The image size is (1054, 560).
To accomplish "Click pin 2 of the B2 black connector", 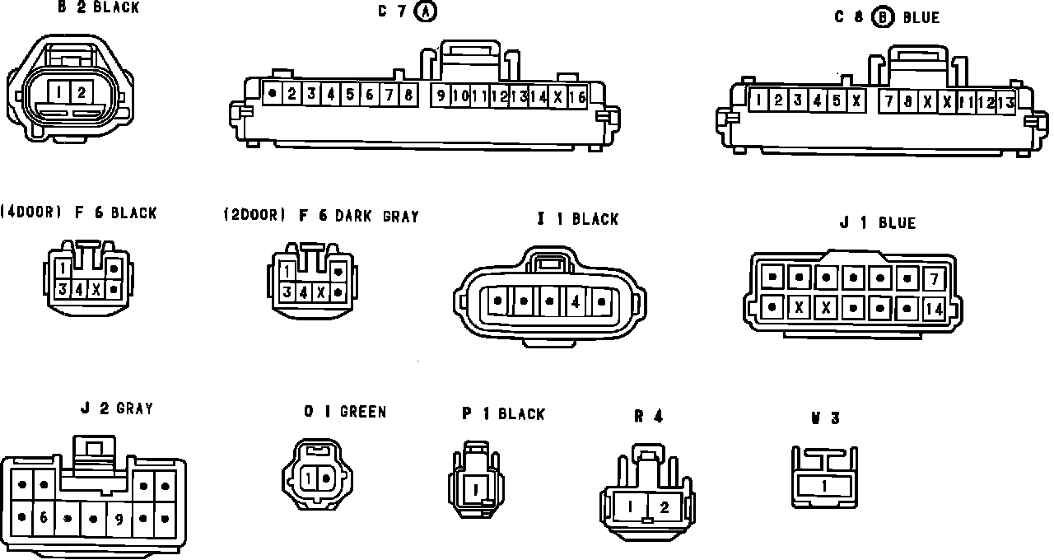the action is (82, 91).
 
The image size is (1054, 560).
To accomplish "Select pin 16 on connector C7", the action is (577, 96).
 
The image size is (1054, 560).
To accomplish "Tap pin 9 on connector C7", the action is (441, 96).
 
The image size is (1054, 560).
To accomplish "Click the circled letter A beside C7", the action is (426, 12).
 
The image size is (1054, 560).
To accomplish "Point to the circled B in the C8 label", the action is (883, 16).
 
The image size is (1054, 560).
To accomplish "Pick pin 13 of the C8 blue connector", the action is (1005, 102).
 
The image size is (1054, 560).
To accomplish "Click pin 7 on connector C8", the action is (888, 102).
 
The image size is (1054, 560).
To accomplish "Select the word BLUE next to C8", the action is (921, 17).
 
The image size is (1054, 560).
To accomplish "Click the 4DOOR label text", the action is (32, 212).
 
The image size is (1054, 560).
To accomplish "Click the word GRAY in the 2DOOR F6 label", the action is (400, 217).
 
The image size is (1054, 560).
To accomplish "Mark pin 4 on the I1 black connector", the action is (576, 302).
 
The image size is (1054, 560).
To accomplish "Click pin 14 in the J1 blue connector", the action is (934, 310).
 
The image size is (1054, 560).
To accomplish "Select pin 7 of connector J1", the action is (934, 279).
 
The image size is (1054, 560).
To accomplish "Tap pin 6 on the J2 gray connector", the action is (43, 518).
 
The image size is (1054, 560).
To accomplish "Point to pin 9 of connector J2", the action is (119, 519).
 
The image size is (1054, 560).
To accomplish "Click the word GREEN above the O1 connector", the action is (363, 412).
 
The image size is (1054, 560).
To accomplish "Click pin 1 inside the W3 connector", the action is (824, 487).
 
